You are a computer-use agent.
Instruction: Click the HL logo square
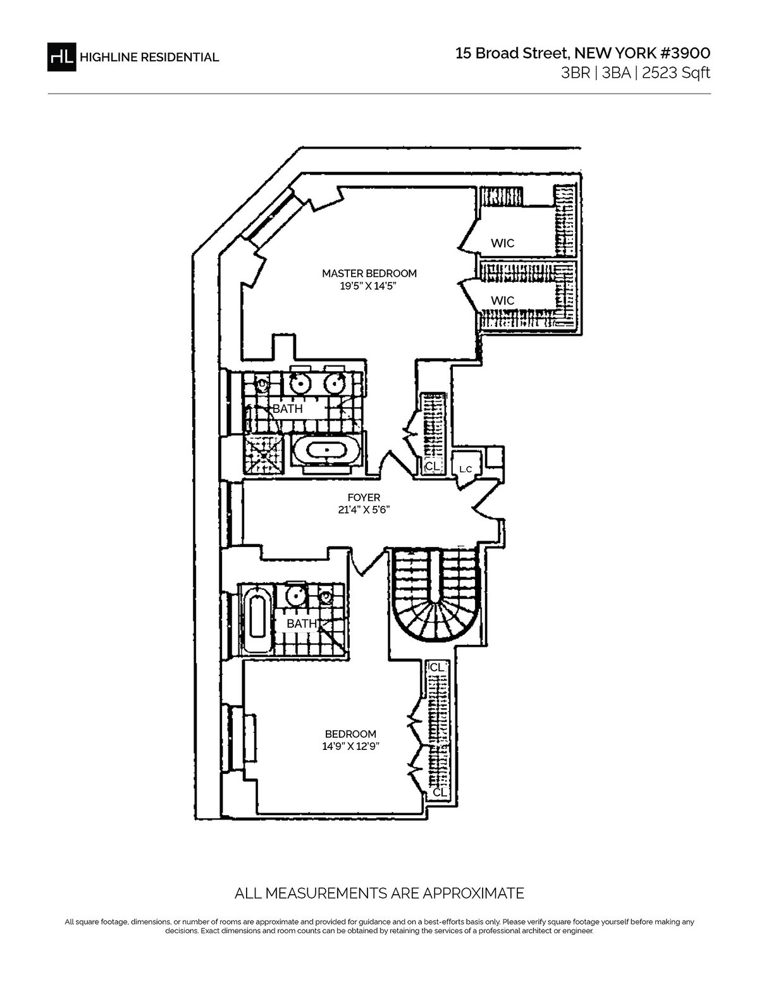point(61,56)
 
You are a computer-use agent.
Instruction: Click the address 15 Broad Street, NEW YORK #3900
point(583,54)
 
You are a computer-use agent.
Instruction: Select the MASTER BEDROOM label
point(369,273)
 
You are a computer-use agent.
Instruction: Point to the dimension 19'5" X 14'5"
point(369,286)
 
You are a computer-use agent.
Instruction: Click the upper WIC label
point(502,243)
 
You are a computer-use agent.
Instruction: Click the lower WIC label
point(502,300)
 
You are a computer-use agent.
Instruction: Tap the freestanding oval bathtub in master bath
point(328,451)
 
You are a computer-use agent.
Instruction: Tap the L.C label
point(466,469)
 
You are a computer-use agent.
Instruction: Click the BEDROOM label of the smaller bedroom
point(350,733)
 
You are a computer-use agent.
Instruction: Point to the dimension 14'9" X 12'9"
point(350,746)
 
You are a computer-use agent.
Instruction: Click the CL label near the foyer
point(432,466)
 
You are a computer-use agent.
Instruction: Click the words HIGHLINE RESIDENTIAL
point(149,57)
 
